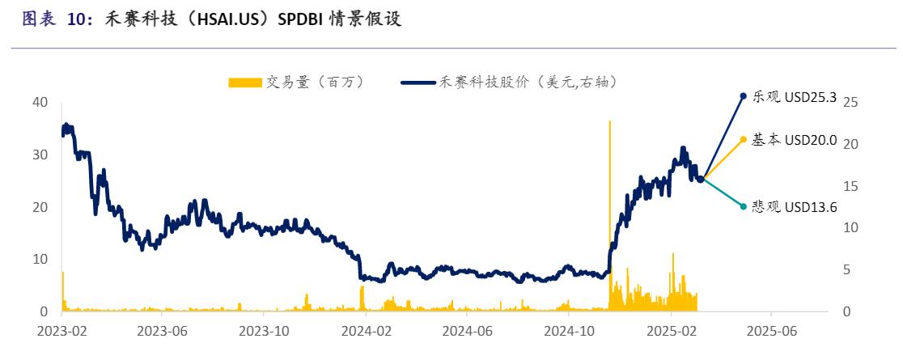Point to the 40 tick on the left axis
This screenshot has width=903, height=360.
(x=40, y=102)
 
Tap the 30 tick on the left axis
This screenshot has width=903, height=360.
(x=40, y=155)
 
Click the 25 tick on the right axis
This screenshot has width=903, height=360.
(x=850, y=102)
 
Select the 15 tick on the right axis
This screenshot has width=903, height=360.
(x=850, y=186)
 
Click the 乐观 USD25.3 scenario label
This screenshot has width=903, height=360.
(x=794, y=96)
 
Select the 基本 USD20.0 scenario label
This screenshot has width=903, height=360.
(x=794, y=140)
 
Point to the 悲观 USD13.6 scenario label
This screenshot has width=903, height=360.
(x=794, y=206)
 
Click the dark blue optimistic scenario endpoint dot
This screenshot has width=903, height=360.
(x=743, y=96)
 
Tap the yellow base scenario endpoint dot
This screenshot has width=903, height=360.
(x=743, y=140)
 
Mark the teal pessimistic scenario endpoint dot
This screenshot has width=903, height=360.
(x=743, y=206)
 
